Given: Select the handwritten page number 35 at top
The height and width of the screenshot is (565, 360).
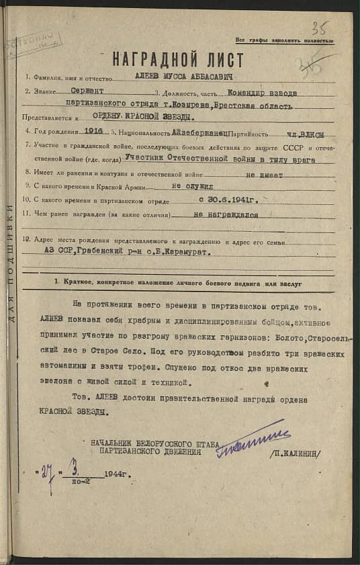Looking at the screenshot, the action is (x=321, y=29).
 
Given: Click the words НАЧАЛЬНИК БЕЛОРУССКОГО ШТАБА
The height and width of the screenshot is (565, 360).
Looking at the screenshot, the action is (x=154, y=443).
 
